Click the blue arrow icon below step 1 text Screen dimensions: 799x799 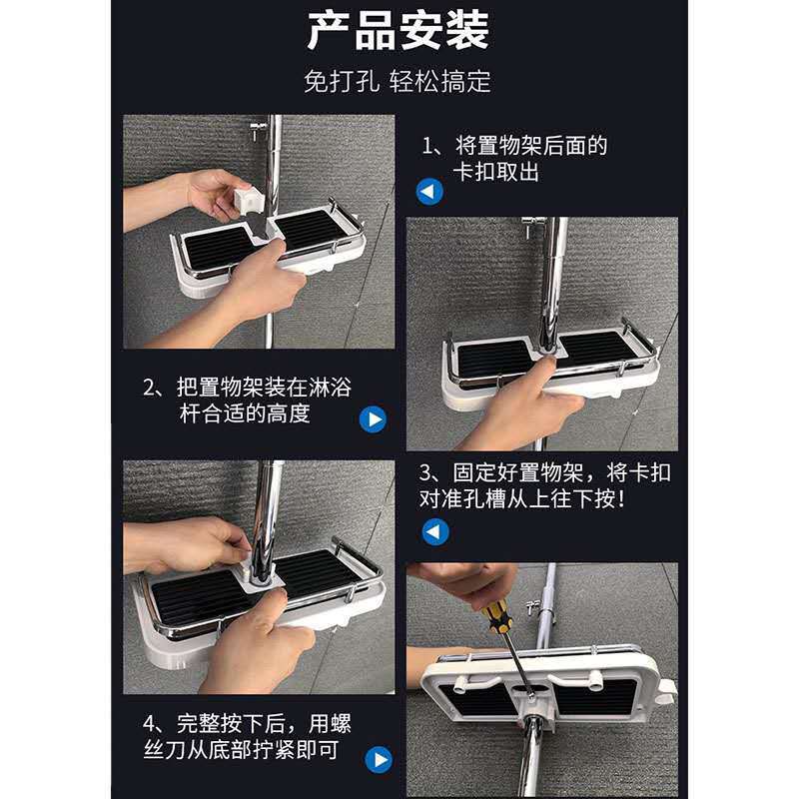(430, 193)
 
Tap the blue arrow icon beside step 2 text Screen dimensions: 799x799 (375, 418)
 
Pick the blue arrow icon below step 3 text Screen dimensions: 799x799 (435, 532)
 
